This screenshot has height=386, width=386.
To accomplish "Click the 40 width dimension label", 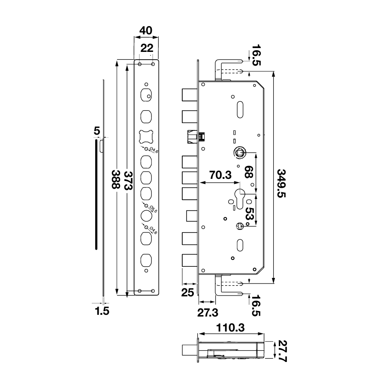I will (146, 30).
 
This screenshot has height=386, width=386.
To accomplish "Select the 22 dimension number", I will (146, 48).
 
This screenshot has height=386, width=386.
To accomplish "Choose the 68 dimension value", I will (248, 172).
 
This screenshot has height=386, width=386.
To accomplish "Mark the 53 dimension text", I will (248, 214).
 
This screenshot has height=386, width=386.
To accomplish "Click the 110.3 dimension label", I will (230, 328).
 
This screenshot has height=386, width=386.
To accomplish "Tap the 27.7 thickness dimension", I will (281, 352).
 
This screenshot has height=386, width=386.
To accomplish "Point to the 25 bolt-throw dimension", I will (187, 293).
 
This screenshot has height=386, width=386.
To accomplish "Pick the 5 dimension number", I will (96, 130).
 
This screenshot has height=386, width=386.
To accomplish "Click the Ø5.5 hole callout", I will (153, 211).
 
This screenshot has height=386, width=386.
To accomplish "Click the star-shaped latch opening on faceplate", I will (146, 136).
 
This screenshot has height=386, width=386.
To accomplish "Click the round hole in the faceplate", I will (146, 214).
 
